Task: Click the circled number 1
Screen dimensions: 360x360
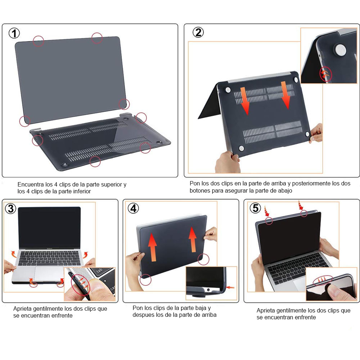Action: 14,33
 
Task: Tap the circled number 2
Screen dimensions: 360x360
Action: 198,32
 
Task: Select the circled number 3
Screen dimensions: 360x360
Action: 11,208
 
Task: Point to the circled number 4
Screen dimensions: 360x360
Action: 134,208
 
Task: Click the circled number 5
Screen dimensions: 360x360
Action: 255,208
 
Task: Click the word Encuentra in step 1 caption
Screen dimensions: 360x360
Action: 30,184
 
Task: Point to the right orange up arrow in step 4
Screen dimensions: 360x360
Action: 193,239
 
